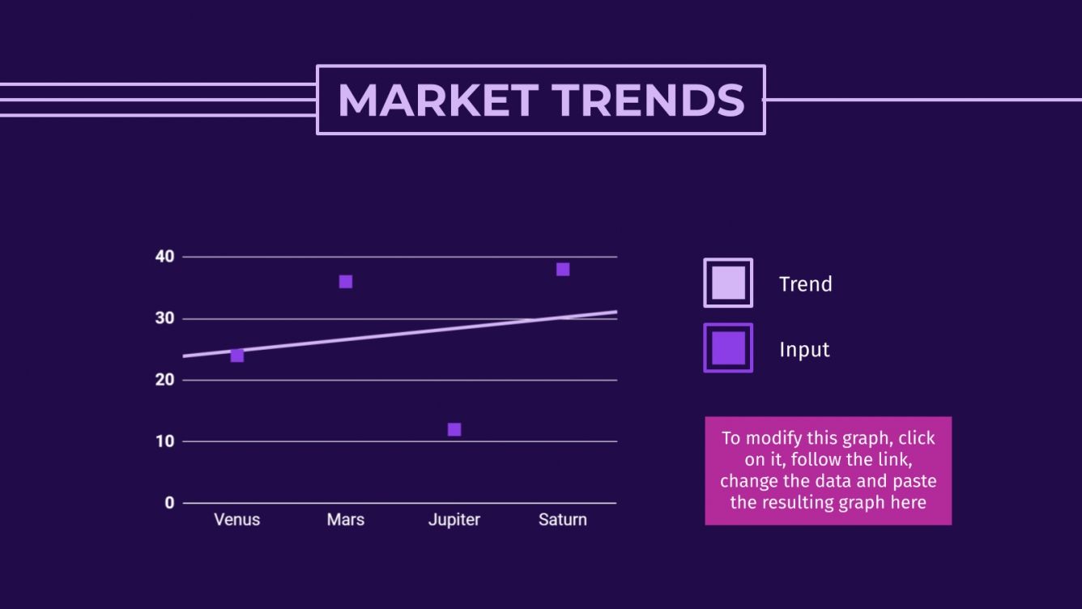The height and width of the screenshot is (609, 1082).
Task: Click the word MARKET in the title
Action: coord(438,100)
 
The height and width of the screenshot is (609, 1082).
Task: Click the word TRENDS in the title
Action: coord(648,100)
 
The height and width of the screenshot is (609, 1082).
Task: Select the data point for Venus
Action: coord(237,356)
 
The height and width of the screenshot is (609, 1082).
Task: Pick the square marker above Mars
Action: coord(346,282)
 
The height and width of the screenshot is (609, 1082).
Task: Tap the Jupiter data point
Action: coord(454,429)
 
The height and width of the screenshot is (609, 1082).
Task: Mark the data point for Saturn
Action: coord(563,270)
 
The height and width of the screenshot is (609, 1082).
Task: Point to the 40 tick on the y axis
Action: coord(164,257)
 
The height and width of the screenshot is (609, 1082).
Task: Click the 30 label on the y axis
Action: coord(164,318)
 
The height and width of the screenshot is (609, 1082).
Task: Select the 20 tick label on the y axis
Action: coord(164,380)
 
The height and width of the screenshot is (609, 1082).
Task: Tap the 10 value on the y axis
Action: coord(164,441)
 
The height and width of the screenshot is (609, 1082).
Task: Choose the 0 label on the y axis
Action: coord(169,503)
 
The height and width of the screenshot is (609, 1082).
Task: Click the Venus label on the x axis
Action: coord(237,520)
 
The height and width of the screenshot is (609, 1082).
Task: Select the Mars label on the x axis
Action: coord(346,520)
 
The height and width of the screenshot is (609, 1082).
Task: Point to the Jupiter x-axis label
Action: coord(454,520)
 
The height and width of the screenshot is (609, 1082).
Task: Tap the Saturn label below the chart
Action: coord(563,520)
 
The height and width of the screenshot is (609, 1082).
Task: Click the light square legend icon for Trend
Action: coord(728,283)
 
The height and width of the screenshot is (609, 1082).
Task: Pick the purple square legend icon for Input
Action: coord(728,348)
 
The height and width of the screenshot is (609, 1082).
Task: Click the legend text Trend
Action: coord(806,284)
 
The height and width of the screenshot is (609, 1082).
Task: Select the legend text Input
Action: coord(804,350)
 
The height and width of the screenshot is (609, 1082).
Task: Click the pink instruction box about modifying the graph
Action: coord(828,471)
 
